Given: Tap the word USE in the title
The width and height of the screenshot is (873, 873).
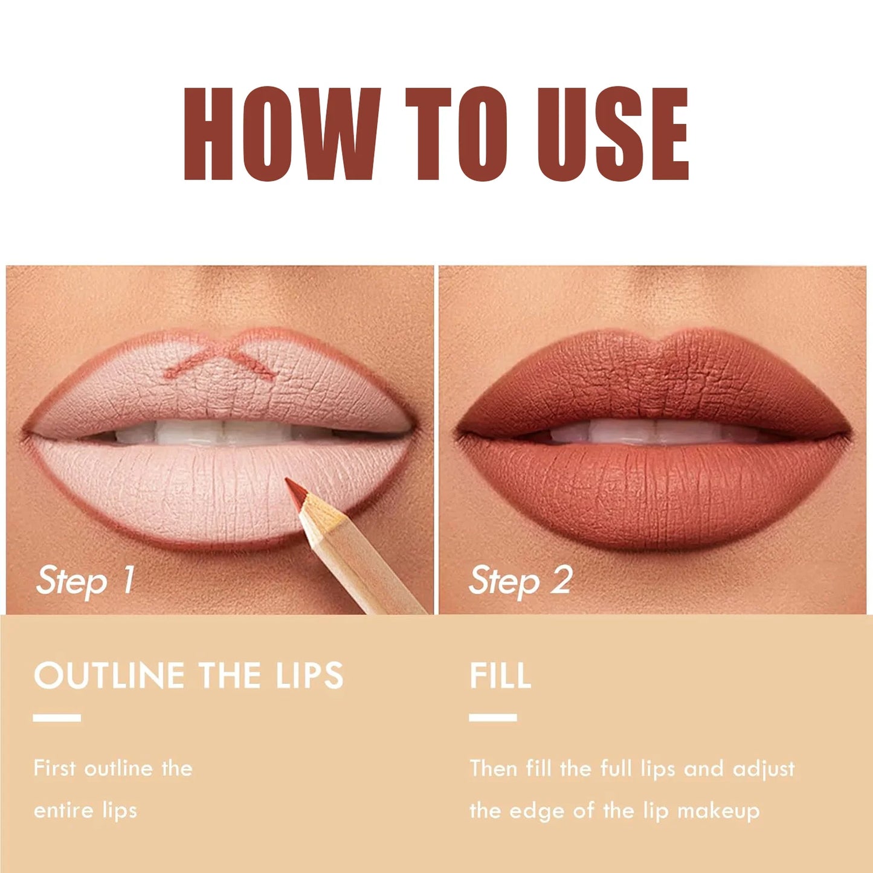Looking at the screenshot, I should [x=613, y=134].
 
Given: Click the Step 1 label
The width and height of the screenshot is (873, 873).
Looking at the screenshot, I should [x=85, y=581].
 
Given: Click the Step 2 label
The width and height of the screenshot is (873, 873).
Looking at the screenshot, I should [x=520, y=581].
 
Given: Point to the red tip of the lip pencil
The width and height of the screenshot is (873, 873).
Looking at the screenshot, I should [x=295, y=490].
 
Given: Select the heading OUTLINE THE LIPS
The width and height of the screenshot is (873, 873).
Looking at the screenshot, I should [x=188, y=675].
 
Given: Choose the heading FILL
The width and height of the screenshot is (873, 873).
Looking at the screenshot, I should [x=500, y=675].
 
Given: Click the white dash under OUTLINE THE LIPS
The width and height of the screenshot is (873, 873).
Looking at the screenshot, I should [x=57, y=718].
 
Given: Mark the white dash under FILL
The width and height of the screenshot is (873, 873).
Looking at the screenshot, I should [x=492, y=718].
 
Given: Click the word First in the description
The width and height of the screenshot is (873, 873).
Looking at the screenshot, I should [x=54, y=768].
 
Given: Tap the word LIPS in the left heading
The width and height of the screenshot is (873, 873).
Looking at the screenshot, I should [x=309, y=675].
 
